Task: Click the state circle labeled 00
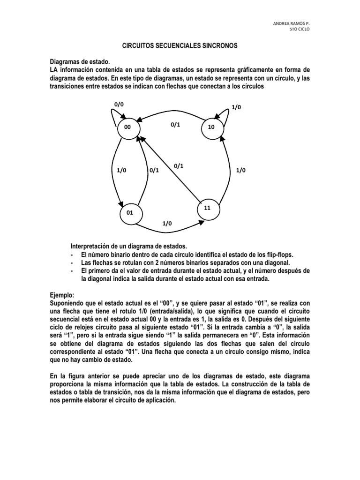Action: (128, 128)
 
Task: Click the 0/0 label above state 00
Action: (119, 104)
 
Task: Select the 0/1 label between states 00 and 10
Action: (175, 124)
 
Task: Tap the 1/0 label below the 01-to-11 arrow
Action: (167, 224)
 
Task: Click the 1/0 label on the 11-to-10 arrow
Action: (240, 170)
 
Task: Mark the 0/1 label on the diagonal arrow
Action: (178, 165)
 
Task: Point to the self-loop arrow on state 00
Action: (112, 116)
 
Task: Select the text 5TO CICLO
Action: (300, 29)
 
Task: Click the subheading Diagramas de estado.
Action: (79, 62)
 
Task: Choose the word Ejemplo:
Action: (62, 296)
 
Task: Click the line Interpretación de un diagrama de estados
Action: (128, 246)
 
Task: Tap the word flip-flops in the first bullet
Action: (279, 254)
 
